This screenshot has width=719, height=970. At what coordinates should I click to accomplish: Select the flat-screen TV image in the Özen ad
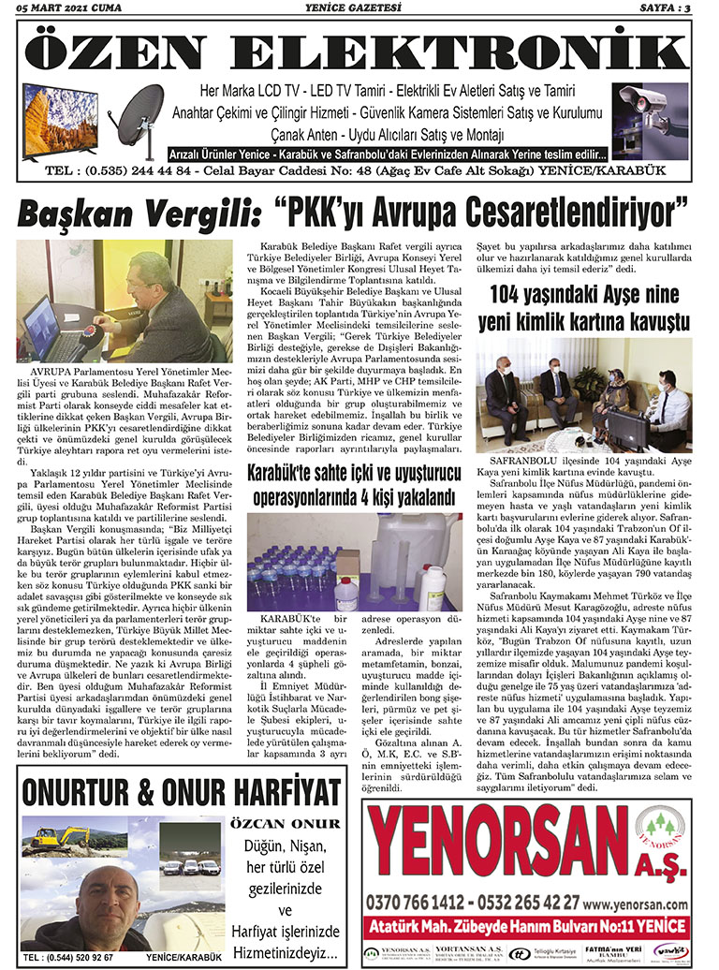61,118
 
